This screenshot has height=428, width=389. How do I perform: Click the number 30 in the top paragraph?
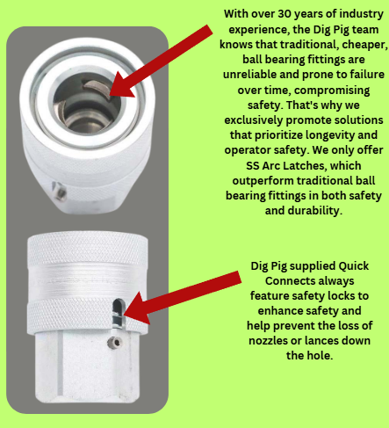point(284,14)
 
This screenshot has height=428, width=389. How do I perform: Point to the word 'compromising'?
point(332,91)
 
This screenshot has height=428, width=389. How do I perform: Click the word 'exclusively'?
point(254,120)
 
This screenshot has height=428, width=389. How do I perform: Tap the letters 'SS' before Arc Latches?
point(253,166)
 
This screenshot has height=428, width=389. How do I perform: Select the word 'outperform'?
point(261,181)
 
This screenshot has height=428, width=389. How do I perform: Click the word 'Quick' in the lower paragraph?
point(354,266)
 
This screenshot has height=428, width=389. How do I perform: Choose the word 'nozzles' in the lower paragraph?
point(268,341)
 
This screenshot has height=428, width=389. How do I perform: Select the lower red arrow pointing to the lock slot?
point(182,296)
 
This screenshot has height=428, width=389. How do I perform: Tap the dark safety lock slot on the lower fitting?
point(119,313)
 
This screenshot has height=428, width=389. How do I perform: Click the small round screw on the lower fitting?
point(115,342)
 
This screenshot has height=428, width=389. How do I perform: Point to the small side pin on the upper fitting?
point(59,191)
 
